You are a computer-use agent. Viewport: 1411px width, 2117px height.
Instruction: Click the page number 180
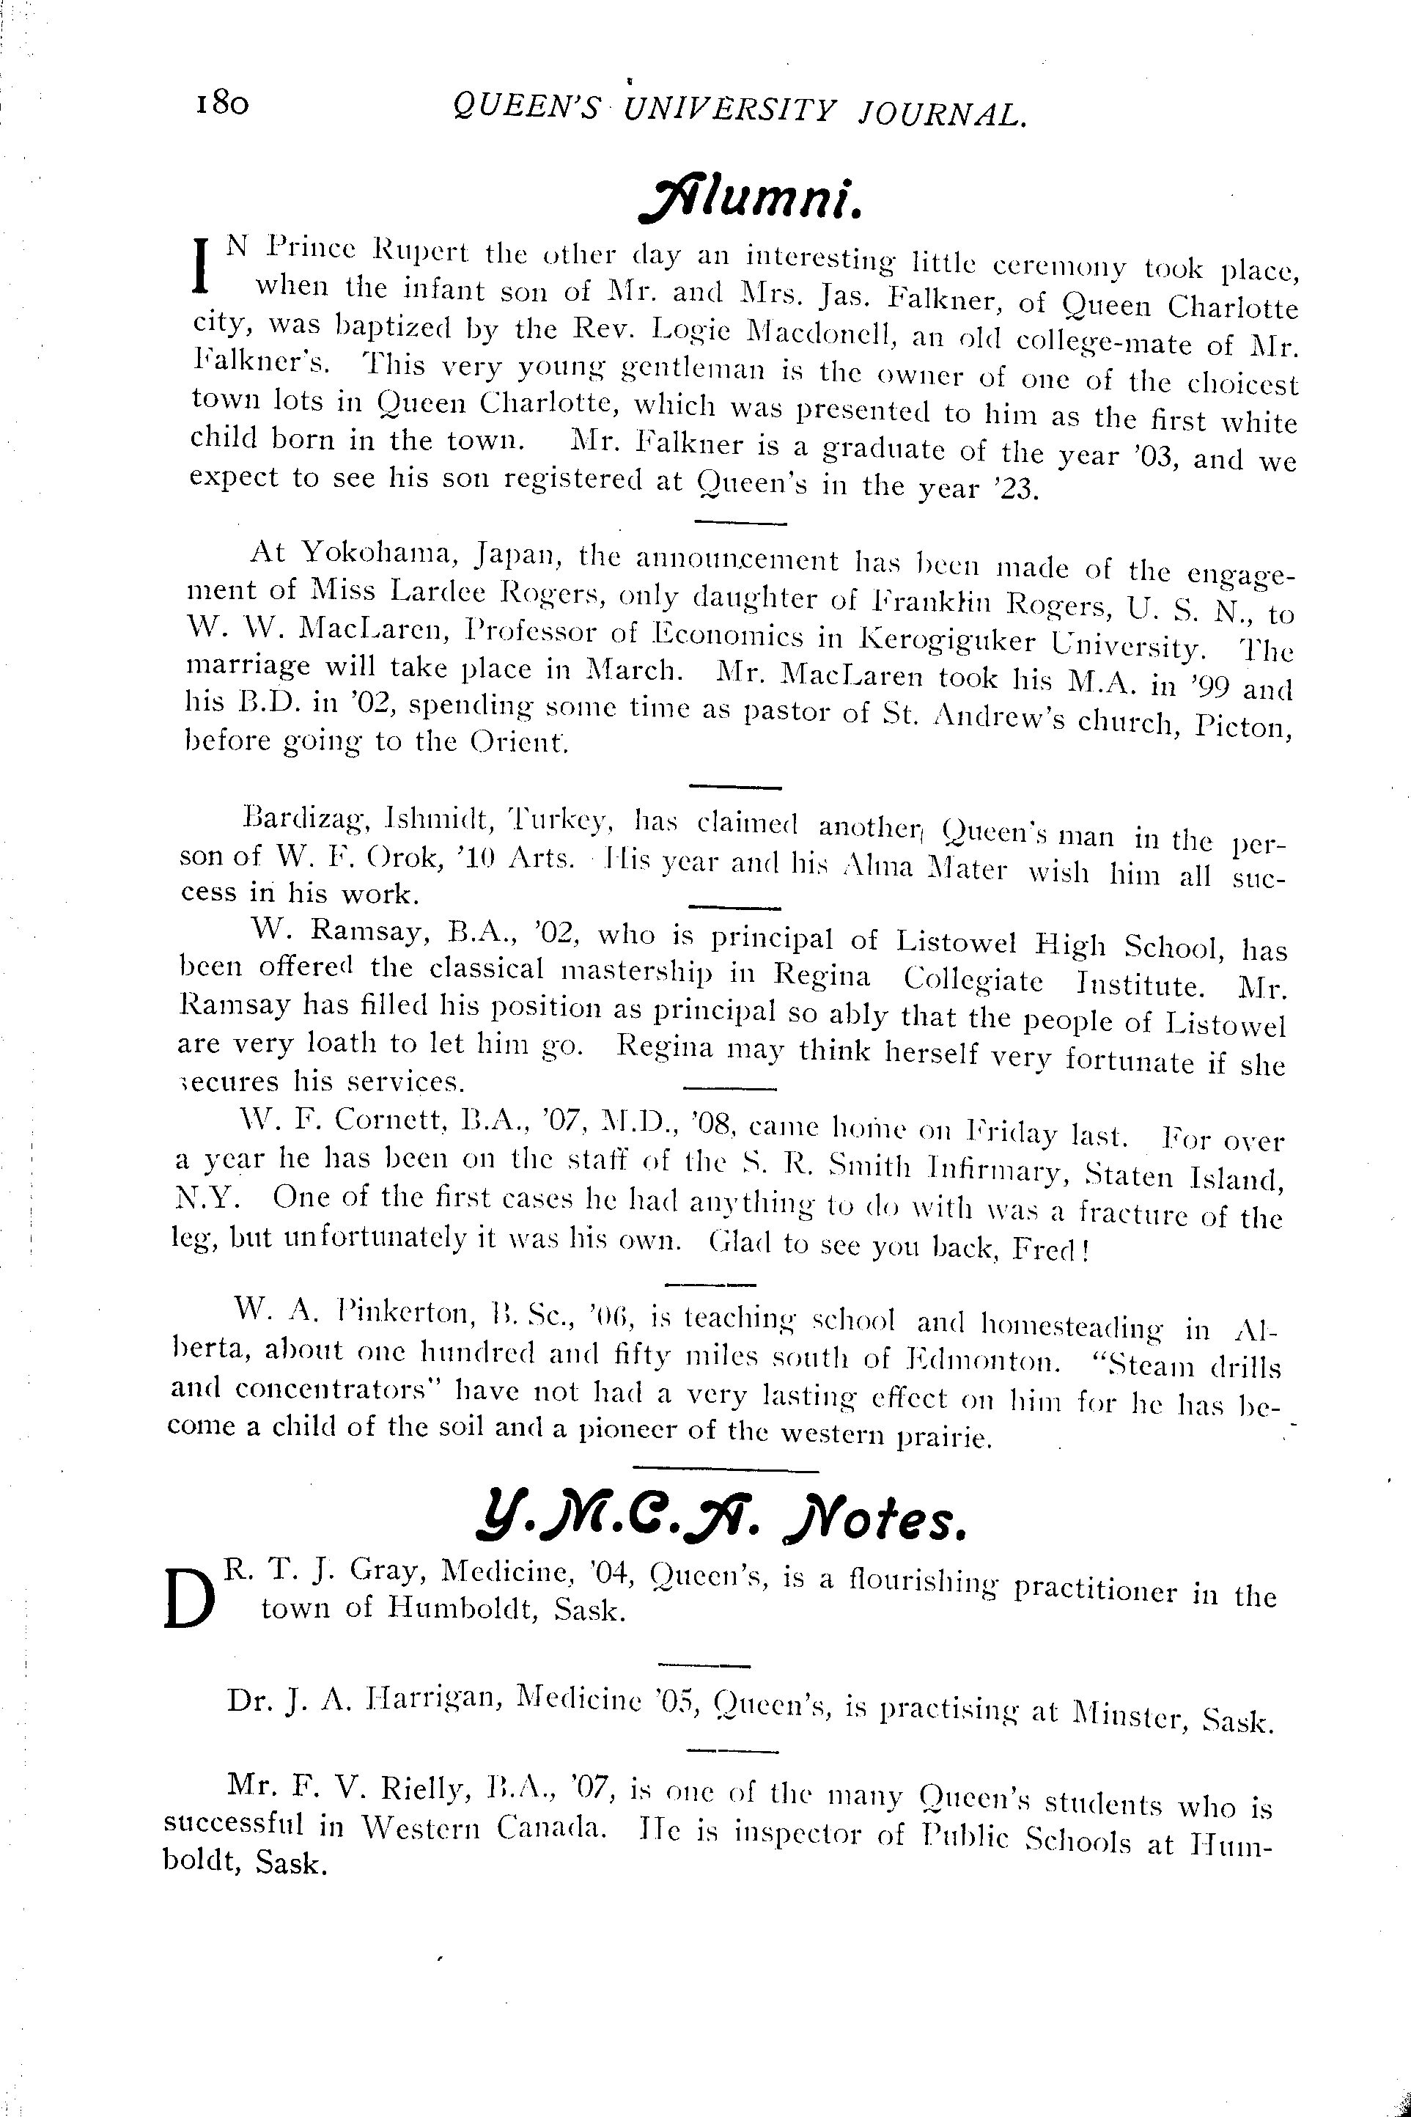pyautogui.click(x=220, y=104)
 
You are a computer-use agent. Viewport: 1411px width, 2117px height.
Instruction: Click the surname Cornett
pyautogui.click(x=390, y=1120)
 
